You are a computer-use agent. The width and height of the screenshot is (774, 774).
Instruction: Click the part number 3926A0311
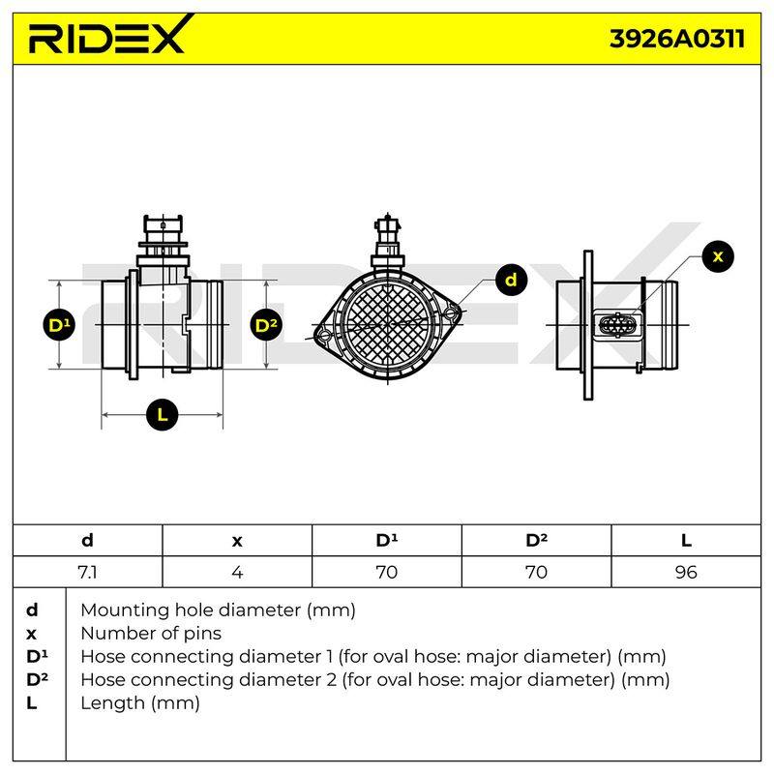tap(677, 39)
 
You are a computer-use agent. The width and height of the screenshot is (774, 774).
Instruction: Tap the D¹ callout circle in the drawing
tap(59, 325)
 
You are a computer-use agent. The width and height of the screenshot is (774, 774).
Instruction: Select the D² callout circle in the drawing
tap(267, 325)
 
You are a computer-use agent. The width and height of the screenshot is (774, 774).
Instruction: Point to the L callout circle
tap(162, 414)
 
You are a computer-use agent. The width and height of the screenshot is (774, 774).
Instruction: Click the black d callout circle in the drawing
tap(511, 280)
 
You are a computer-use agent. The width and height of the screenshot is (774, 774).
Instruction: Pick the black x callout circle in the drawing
tap(718, 256)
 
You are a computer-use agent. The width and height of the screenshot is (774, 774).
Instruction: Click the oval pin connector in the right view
tap(617, 325)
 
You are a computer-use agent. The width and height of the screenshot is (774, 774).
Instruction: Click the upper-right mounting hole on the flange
tap(451, 313)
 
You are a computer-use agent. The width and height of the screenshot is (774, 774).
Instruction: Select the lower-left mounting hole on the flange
tap(325, 336)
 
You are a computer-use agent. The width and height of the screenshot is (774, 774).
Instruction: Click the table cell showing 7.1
tap(88, 572)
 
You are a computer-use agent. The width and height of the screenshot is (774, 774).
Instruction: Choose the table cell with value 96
tap(686, 572)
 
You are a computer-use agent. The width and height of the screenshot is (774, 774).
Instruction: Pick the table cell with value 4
tap(237, 572)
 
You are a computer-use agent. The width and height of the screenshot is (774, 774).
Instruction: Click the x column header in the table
tap(237, 541)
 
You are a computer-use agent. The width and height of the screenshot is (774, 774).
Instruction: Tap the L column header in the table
tap(686, 541)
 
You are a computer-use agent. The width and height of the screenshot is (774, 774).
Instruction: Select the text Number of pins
tap(151, 634)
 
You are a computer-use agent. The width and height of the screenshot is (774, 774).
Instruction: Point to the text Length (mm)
tap(140, 703)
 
